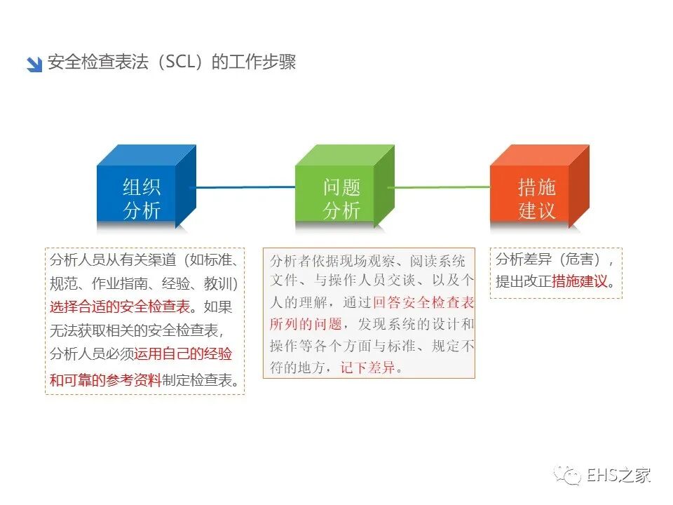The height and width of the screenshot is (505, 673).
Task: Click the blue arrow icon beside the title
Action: (34, 64)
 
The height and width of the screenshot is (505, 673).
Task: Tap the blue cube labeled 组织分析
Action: (142, 194)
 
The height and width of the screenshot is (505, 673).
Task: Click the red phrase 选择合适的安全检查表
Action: (120, 307)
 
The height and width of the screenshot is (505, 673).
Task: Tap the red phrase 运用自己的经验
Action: (183, 354)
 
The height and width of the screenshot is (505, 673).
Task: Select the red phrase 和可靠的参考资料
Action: (105, 380)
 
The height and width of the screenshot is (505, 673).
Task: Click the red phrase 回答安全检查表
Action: (423, 303)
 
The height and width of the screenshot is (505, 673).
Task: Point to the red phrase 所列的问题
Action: (306, 324)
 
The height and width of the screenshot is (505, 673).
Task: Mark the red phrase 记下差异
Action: (368, 368)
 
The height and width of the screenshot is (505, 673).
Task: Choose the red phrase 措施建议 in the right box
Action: (580, 282)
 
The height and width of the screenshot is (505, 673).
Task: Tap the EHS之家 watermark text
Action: (619, 475)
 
